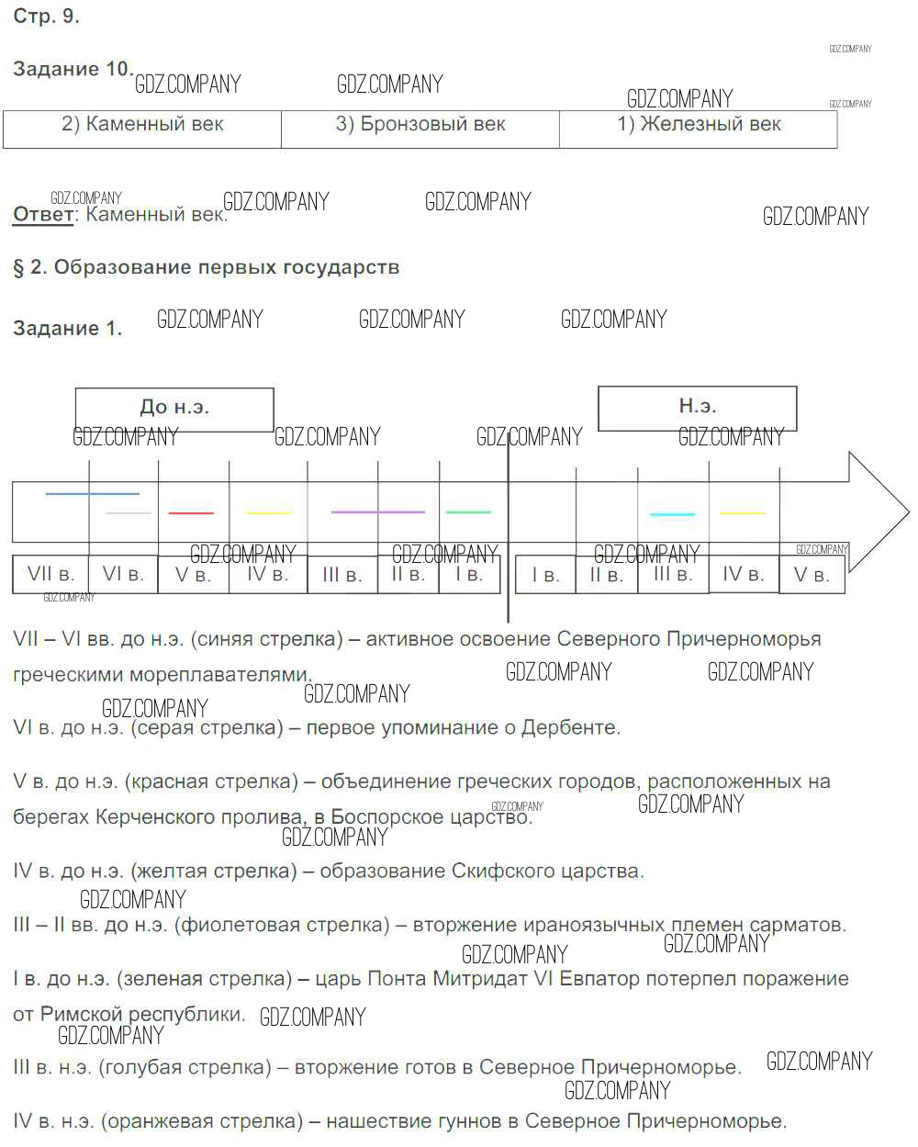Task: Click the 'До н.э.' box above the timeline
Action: click(174, 408)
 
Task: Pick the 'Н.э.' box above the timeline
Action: click(698, 407)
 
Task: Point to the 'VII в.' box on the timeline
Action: click(50, 575)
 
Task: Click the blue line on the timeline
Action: click(92, 494)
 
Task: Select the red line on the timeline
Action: click(191, 512)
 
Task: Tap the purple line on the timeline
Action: click(377, 512)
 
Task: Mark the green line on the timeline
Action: click(468, 512)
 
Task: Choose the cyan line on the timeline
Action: click(672, 514)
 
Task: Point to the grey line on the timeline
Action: click(129, 512)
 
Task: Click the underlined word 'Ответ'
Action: click(42, 215)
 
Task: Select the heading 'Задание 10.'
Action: click(73, 69)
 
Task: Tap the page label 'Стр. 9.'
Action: click(46, 17)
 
